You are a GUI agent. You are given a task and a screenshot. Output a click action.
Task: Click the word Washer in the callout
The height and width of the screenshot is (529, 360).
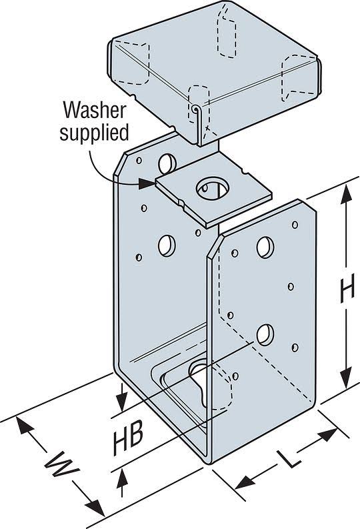(x=95, y=110)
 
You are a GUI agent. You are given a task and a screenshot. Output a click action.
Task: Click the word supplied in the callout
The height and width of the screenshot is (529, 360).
(x=94, y=133)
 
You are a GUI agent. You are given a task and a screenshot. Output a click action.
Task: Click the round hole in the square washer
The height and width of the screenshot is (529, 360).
(x=211, y=188)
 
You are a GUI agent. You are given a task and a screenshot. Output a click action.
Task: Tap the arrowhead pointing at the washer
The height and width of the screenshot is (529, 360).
(x=147, y=184)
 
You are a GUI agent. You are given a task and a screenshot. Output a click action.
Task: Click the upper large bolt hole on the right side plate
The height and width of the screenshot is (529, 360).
(x=265, y=247)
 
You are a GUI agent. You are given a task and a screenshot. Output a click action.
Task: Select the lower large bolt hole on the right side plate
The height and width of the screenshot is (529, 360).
(x=265, y=334)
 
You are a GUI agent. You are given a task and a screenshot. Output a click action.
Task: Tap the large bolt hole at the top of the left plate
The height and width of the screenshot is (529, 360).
(x=167, y=163)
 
